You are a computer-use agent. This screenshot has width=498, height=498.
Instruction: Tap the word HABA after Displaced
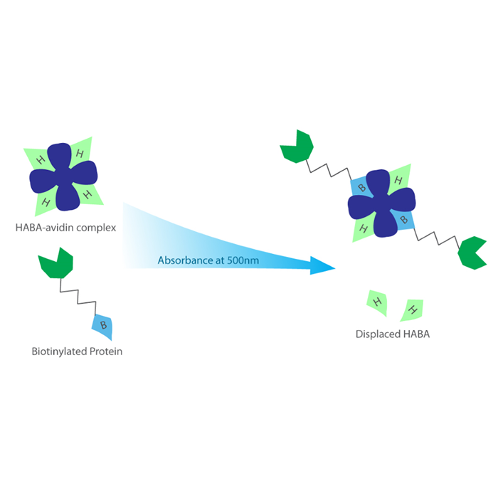coord(415,334)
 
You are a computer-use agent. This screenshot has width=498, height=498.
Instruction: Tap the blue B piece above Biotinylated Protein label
coord(103,326)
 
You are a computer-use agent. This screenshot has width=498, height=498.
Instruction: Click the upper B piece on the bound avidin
coord(361,187)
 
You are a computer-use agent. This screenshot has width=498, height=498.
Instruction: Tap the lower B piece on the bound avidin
coord(405,221)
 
